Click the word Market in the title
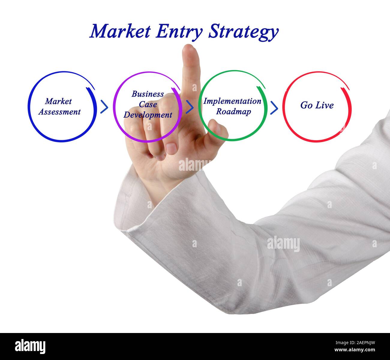click(x=120, y=31)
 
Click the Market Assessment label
click(x=59, y=106)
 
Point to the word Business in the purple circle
click(x=148, y=94)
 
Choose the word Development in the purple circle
click(x=148, y=115)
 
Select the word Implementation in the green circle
click(x=232, y=101)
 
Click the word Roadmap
click(x=233, y=112)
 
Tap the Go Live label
click(x=317, y=105)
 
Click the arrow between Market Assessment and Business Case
click(x=104, y=107)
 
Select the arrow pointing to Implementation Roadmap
click(x=189, y=107)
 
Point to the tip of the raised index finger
click(x=190, y=50)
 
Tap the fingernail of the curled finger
click(x=171, y=148)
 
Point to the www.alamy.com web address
click(x=355, y=350)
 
